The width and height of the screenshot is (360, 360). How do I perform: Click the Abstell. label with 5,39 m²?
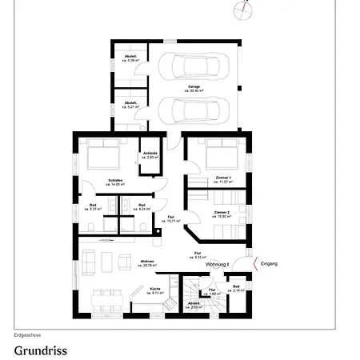(130, 58)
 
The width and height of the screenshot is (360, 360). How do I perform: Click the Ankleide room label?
(150, 156)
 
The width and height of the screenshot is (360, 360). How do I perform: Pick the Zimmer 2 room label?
(222, 214)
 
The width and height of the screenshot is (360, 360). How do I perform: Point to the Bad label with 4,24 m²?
(142, 206)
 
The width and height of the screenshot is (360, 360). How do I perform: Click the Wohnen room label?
(146, 262)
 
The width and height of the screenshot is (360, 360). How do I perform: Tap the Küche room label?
(156, 291)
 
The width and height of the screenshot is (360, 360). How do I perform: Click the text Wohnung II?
(218, 264)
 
